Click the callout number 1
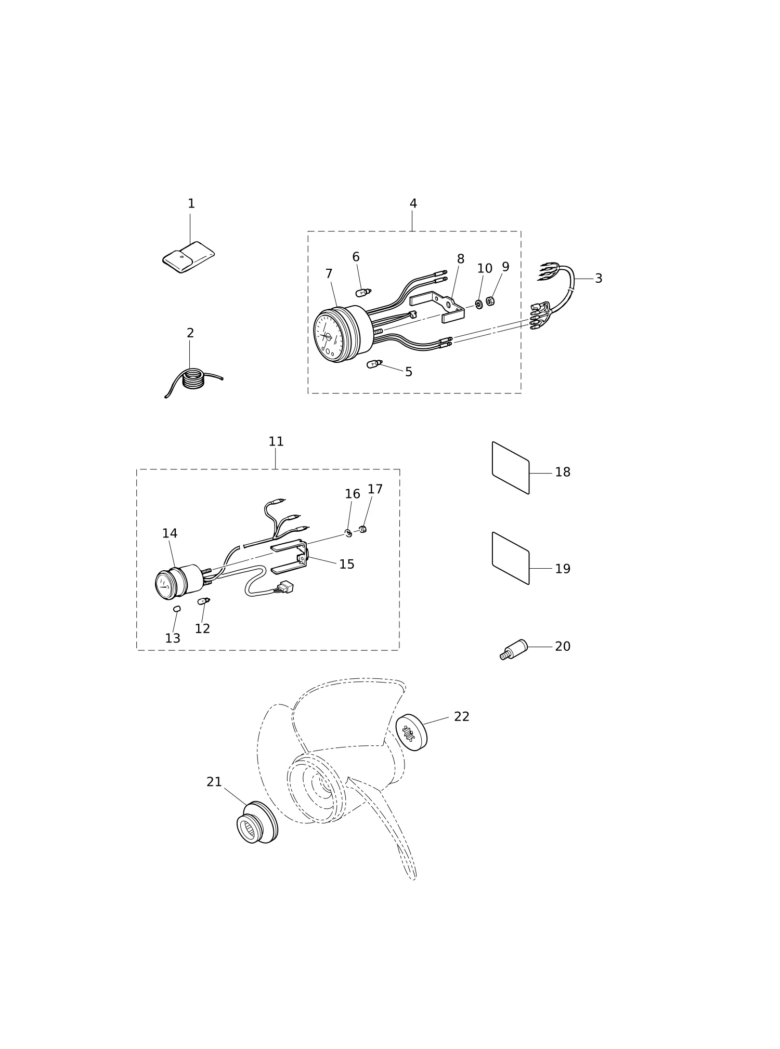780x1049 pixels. (191, 204)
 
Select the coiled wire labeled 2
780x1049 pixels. (193, 379)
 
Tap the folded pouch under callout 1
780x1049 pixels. (188, 257)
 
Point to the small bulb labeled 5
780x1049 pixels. (374, 364)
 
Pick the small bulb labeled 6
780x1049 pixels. (363, 293)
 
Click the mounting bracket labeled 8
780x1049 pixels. (438, 307)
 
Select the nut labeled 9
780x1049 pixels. (490, 300)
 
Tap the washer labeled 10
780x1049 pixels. (479, 304)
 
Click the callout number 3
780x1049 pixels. (599, 279)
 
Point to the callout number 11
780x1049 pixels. (276, 442)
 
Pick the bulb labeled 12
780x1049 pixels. (203, 601)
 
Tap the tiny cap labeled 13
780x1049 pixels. (177, 609)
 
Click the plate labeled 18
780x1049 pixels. (511, 468)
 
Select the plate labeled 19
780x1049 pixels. (511, 558)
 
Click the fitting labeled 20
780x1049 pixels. (514, 650)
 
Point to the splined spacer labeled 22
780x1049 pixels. (411, 732)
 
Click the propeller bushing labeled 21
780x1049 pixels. (257, 822)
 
